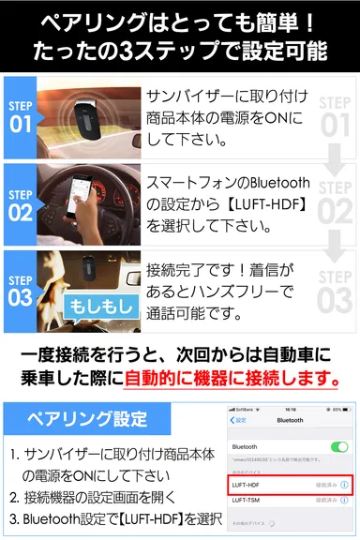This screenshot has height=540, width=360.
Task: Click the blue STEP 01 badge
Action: pyautogui.click(x=21, y=115)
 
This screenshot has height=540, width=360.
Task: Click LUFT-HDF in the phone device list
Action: pyautogui.click(x=246, y=485)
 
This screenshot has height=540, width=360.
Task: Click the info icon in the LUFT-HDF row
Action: pyautogui.click(x=344, y=485)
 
